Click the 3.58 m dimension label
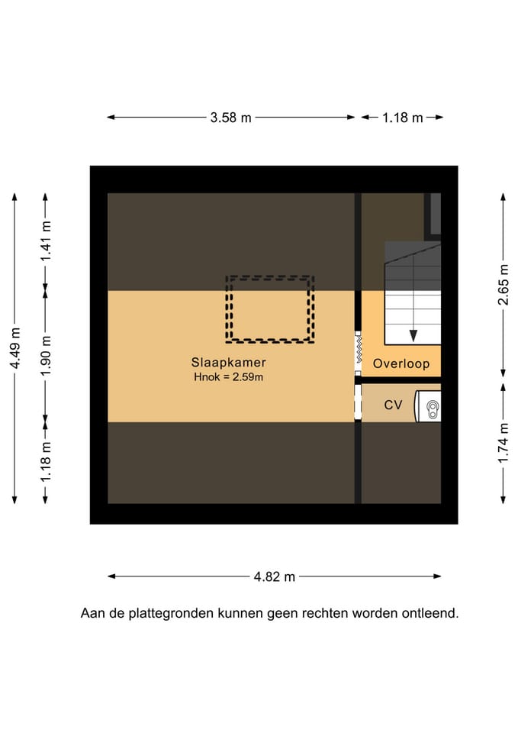point(230,118)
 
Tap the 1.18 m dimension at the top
point(402,118)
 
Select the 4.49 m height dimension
point(15,348)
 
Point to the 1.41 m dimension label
point(46,241)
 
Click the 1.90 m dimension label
point(46,356)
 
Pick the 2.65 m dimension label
point(504,284)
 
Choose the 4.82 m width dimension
point(274,576)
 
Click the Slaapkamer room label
point(229,363)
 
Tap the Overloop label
point(401,364)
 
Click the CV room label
point(393,405)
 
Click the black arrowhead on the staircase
point(413,334)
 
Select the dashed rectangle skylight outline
point(270,308)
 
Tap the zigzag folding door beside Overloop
point(357,352)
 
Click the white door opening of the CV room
point(357,402)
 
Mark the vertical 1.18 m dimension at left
point(46,463)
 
